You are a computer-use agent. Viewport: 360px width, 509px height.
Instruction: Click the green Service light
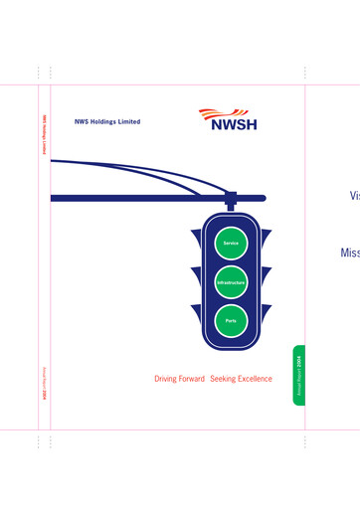pos(231,243)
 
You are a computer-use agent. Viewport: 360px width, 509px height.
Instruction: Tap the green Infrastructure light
pos(231,282)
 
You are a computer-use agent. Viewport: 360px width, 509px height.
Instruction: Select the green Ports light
pos(231,321)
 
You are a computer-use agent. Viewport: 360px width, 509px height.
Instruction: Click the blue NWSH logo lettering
pos(235,126)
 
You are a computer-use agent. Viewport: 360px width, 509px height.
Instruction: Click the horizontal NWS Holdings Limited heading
pos(107,122)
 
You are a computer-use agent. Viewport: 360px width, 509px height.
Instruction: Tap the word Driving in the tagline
pos(168,379)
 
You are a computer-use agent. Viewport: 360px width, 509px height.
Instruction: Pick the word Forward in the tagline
pos(194,379)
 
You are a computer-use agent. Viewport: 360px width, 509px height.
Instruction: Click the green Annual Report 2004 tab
pos(298,375)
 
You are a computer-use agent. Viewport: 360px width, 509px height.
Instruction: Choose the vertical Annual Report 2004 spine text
pos(44,383)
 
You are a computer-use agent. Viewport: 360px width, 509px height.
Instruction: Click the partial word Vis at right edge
pos(354,196)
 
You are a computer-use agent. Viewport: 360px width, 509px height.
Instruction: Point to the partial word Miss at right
pos(349,254)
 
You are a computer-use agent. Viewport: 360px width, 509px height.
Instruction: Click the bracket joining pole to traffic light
pos(231,203)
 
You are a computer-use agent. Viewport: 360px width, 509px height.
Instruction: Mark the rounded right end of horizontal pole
pos(262,199)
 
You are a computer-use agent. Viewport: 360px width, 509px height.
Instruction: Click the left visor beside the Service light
pos(196,238)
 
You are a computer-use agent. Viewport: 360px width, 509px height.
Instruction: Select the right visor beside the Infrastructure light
pos(266,275)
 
